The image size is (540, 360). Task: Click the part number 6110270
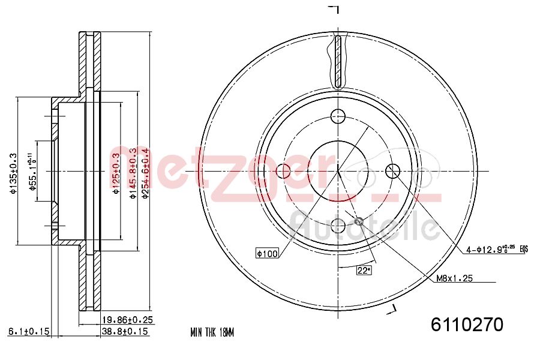click(x=467, y=325)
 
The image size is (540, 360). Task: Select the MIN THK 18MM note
click(x=211, y=332)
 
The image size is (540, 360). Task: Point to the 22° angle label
click(x=364, y=271)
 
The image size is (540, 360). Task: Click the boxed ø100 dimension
click(x=268, y=254)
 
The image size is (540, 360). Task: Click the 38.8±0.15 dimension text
click(x=125, y=331)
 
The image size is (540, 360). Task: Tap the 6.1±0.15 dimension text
click(x=28, y=331)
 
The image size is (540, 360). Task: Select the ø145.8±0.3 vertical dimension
click(x=131, y=174)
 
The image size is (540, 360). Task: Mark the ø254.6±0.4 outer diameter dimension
click(x=145, y=174)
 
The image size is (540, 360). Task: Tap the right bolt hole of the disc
click(x=393, y=171)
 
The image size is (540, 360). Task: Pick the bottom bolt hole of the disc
click(x=338, y=226)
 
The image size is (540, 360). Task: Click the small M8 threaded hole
click(x=359, y=222)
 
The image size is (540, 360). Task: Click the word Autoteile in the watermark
click(x=363, y=227)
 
